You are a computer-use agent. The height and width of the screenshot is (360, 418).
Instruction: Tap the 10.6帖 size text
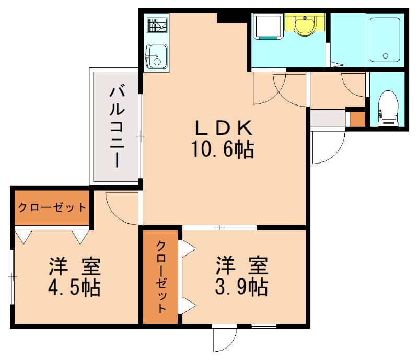224,150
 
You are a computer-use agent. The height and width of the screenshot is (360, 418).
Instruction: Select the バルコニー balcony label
116,127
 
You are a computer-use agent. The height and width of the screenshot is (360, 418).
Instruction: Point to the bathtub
385,40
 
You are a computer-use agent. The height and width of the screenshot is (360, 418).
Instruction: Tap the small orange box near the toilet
357,119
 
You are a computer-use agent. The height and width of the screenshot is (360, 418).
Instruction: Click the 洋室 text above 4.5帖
75,266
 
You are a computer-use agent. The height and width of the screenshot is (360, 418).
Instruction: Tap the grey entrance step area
328,118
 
